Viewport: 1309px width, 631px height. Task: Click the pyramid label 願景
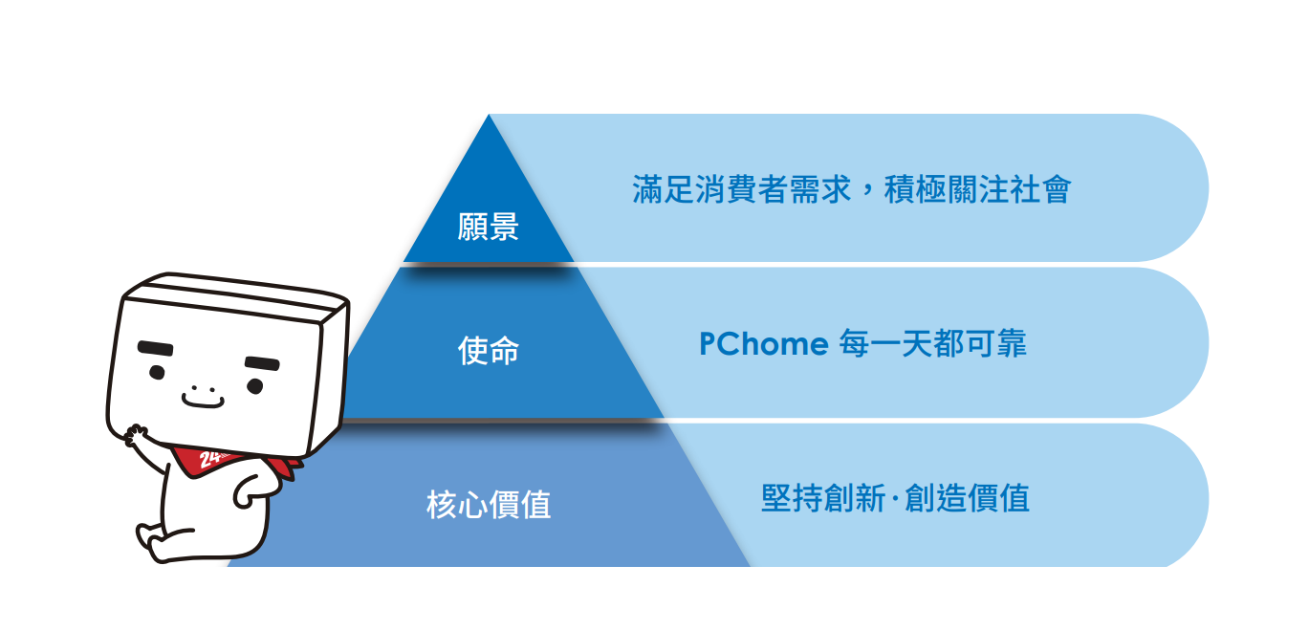pos(488,227)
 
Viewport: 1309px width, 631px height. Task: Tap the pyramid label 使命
pos(488,351)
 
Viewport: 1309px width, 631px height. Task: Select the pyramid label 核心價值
pos(489,504)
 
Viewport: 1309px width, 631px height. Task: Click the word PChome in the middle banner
pos(764,343)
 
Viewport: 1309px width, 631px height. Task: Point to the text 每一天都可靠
pos(933,343)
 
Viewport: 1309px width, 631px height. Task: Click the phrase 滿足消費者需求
pos(742,189)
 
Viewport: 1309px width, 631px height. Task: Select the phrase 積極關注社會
pos(977,189)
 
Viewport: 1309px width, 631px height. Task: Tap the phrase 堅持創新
pos(823,498)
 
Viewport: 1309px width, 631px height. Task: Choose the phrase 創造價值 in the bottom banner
pos(967,498)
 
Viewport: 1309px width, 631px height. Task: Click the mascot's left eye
pos(157,372)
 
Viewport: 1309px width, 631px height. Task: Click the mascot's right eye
pos(254,385)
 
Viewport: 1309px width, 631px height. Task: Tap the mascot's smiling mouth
pos(203,401)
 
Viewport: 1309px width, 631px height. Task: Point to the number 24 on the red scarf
pos(209,459)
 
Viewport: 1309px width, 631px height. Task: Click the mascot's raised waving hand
pos(137,435)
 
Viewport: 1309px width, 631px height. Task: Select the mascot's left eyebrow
pos(156,348)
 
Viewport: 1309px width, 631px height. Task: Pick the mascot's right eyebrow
pos(262,363)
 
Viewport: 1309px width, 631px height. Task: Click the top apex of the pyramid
pos(489,115)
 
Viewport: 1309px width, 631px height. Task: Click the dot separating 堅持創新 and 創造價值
pos(895,498)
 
